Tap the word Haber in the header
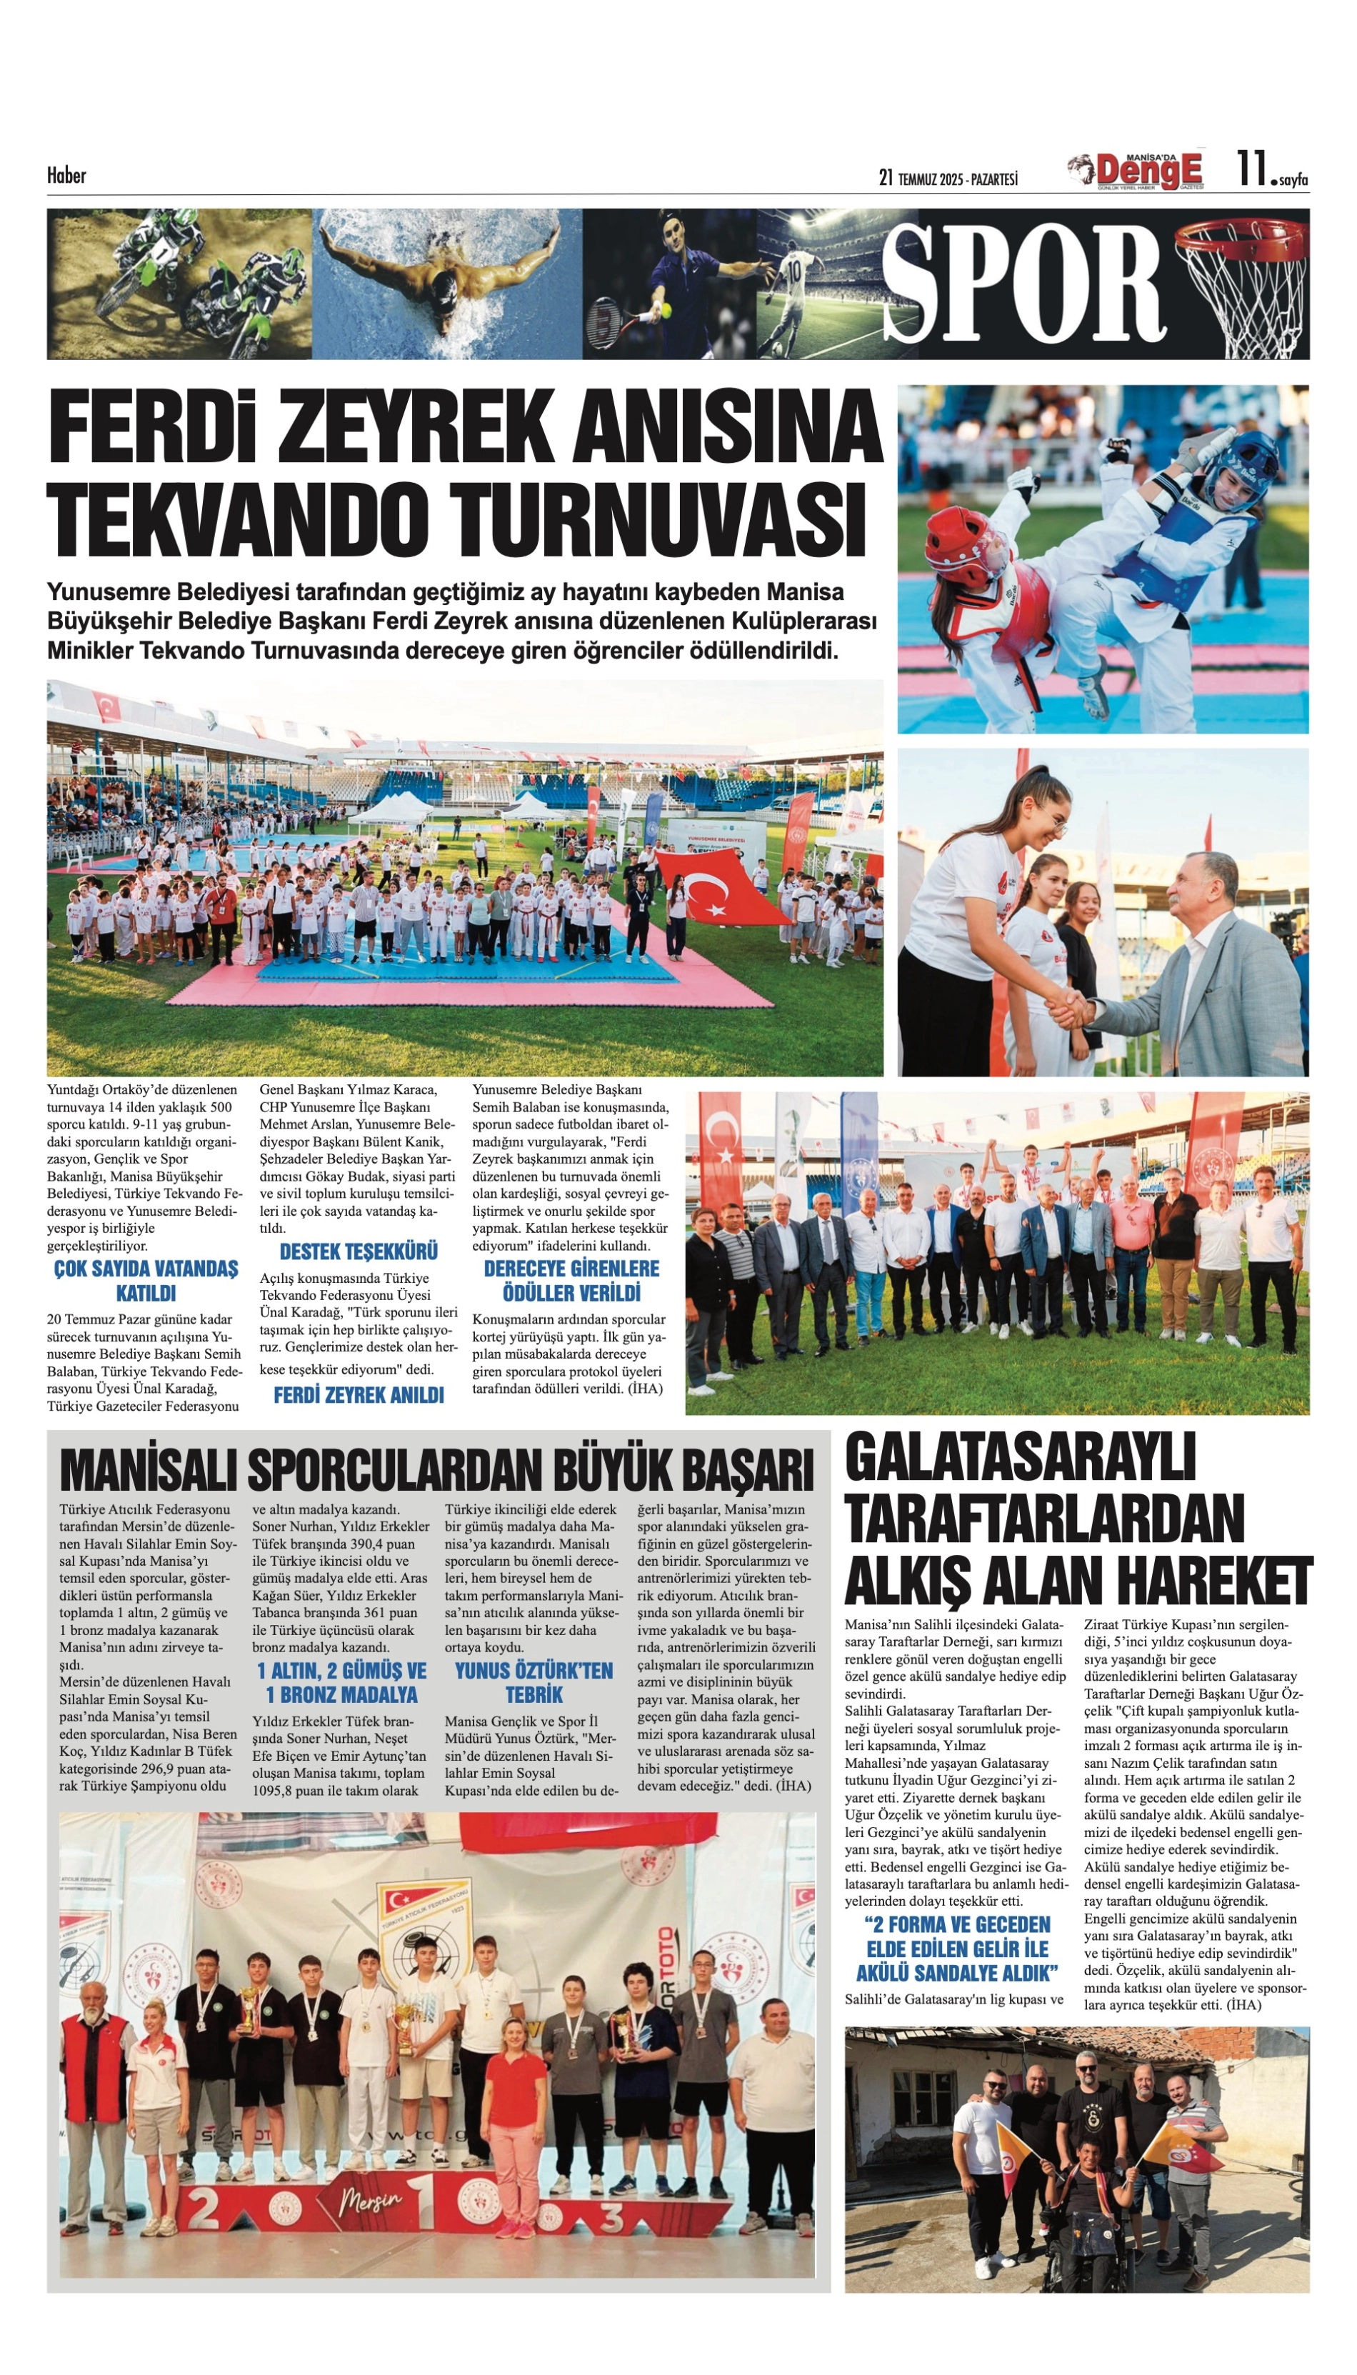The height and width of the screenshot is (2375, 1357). [x=66, y=174]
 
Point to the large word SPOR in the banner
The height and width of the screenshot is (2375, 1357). [x=1023, y=282]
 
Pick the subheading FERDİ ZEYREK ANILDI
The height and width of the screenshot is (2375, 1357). [x=358, y=1396]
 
